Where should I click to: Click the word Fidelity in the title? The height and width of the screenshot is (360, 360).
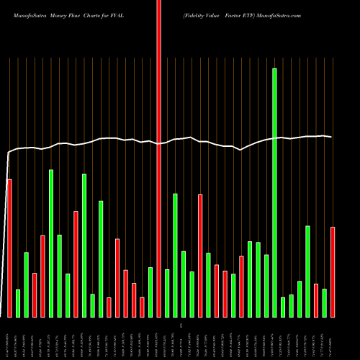click(x=199, y=14)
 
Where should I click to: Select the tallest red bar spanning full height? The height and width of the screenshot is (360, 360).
click(x=159, y=158)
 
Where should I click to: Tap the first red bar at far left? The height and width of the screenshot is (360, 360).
click(x=9, y=248)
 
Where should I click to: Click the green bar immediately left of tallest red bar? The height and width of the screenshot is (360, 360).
click(x=150, y=292)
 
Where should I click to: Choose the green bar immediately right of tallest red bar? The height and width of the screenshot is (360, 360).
click(x=167, y=293)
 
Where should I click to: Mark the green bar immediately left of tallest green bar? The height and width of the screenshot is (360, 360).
click(x=266, y=286)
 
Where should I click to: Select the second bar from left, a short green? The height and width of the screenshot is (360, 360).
click(x=18, y=303)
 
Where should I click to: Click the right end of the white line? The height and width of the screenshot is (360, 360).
click(x=331, y=137)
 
